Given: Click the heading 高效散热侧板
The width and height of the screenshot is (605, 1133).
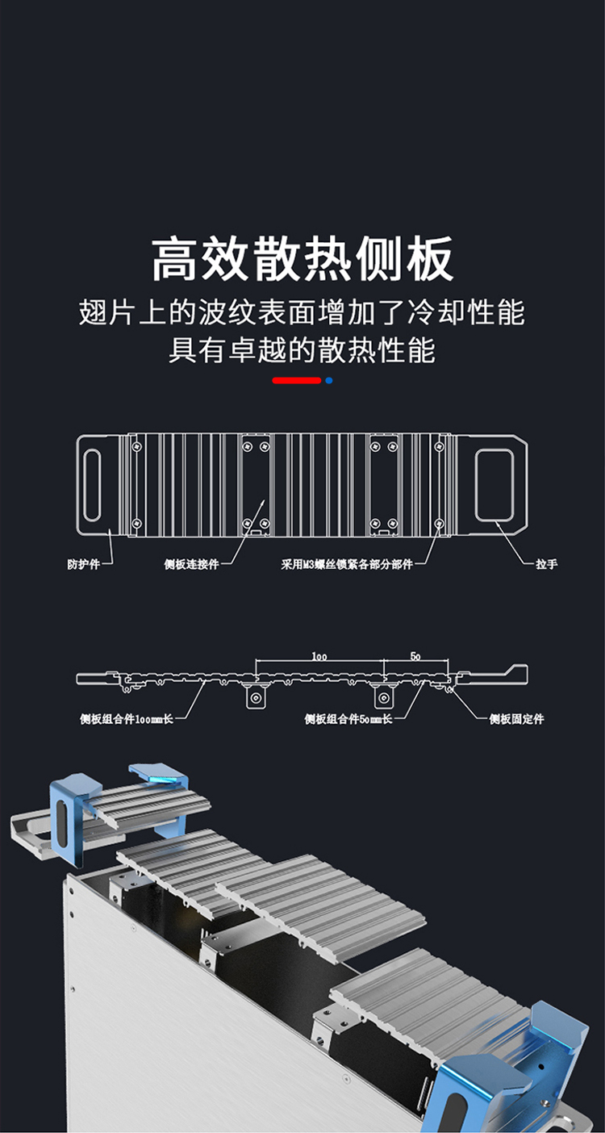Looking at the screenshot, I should (x=302, y=258).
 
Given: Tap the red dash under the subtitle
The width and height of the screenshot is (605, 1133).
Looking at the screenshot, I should (x=296, y=379).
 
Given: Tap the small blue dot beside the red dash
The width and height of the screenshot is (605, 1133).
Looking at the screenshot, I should (x=328, y=379).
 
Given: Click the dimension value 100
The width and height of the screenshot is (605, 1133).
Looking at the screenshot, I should (x=319, y=657).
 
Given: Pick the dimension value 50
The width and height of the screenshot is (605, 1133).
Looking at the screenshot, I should (x=415, y=657).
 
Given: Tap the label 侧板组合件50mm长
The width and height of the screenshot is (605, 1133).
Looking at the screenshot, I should (x=348, y=718).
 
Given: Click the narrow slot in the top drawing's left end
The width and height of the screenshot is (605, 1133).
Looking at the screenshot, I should (x=93, y=485).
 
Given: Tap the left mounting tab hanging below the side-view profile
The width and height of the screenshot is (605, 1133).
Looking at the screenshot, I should (x=256, y=697).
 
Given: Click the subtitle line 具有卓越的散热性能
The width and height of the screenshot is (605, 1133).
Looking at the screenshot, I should (x=302, y=350).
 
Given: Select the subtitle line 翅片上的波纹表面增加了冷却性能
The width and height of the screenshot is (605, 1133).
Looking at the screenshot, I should (x=302, y=311).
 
